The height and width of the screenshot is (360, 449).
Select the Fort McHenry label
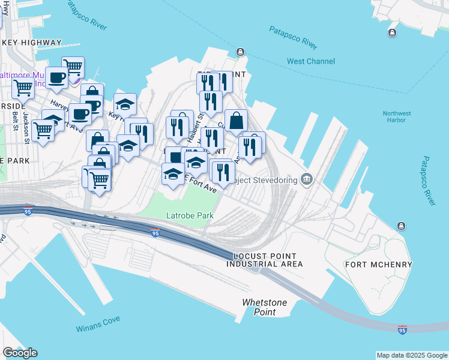pyautogui.click(x=378, y=265)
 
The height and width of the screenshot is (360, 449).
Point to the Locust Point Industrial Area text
pyautogui.click(x=264, y=260)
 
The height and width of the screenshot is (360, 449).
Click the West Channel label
pyautogui.click(x=312, y=61)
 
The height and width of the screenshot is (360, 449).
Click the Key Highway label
pyautogui.click(x=32, y=43)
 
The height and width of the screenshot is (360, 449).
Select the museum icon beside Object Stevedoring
pyautogui.click(x=307, y=179)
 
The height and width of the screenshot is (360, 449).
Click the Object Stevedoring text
pyautogui.click(x=264, y=180)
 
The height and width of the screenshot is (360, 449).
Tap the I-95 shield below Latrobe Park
pyautogui.click(x=155, y=233)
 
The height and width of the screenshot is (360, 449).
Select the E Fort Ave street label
pyautogui.click(x=200, y=184)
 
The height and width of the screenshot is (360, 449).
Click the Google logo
pyautogui.click(x=20, y=353)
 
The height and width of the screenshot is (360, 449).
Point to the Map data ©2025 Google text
pyautogui.click(x=411, y=355)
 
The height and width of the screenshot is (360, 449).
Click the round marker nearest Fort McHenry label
pyautogui.click(x=401, y=226)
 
